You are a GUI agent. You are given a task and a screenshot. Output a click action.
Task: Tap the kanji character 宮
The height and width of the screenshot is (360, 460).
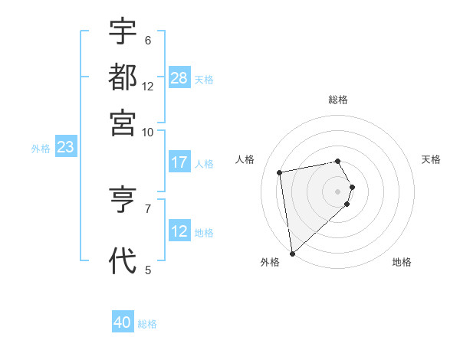(x=123, y=122)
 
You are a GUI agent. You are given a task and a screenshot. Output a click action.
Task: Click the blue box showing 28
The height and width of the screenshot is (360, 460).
(x=179, y=78)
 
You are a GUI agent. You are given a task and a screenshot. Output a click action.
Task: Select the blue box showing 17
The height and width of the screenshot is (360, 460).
(x=179, y=162)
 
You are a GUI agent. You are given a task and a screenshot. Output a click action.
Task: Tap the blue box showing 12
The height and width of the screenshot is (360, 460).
(x=179, y=231)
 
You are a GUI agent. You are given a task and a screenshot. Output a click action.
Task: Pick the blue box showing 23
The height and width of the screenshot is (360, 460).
(x=65, y=148)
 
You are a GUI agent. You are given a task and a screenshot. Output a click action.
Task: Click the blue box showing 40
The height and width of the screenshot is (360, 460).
(x=123, y=322)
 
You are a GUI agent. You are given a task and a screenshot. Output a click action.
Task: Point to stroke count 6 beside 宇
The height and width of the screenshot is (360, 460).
(x=147, y=40)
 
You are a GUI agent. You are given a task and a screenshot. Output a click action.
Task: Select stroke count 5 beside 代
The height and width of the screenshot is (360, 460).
(x=147, y=269)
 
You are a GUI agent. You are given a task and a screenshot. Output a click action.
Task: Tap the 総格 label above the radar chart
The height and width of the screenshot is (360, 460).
(x=338, y=100)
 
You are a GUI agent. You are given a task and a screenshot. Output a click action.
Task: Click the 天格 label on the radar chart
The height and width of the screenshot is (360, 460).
(x=431, y=159)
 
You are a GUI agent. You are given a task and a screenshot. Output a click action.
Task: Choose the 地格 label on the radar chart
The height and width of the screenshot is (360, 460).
(x=402, y=262)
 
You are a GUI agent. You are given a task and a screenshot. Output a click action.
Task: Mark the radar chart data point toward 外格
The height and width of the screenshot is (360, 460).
(x=292, y=254)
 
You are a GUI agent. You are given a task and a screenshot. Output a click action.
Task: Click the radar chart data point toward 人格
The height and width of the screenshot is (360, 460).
(x=280, y=172)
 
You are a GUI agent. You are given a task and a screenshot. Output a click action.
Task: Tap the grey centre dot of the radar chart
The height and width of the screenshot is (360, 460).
(x=338, y=191)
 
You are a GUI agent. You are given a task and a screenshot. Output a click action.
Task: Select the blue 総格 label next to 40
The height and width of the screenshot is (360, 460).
(x=147, y=323)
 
